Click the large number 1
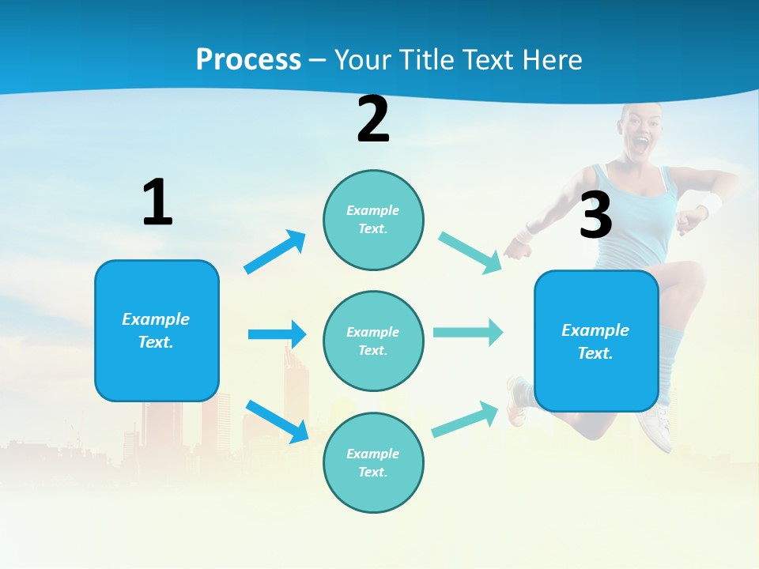point(157,202)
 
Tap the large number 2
point(373,120)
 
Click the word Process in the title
point(248,59)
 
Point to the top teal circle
point(373,220)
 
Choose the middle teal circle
point(373,341)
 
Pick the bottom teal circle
point(373,462)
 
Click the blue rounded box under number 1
point(157,330)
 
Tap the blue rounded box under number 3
point(596,341)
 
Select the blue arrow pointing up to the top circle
point(275,251)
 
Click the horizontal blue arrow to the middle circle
point(277,334)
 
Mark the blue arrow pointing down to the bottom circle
point(277,421)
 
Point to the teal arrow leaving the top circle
point(470,253)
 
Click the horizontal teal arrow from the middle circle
point(468,333)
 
